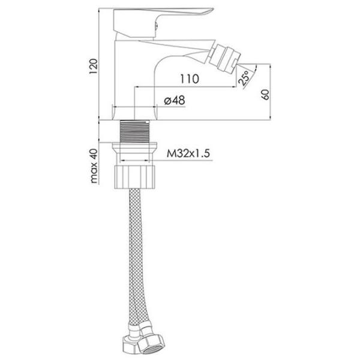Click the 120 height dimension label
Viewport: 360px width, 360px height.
coord(94,67)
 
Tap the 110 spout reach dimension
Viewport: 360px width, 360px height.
coord(189,79)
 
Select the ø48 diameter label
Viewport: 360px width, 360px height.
coord(175,100)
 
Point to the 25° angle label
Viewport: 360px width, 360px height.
coord(244,78)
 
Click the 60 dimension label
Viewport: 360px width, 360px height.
coord(265,95)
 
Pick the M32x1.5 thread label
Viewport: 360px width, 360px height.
coord(188,154)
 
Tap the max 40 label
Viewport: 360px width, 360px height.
coord(94,166)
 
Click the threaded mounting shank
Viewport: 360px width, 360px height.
coord(134,131)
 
